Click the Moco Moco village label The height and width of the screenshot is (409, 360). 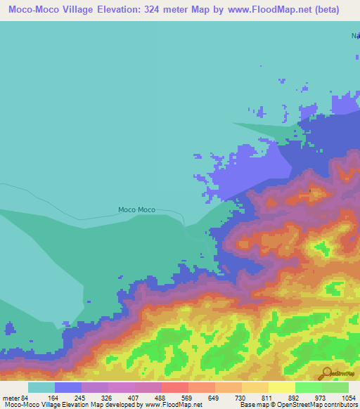(x=136, y=209)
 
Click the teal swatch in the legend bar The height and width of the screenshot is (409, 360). (x=41, y=388)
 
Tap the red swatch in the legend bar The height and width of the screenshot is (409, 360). (x=174, y=388)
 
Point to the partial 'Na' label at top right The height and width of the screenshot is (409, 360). (x=355, y=35)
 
